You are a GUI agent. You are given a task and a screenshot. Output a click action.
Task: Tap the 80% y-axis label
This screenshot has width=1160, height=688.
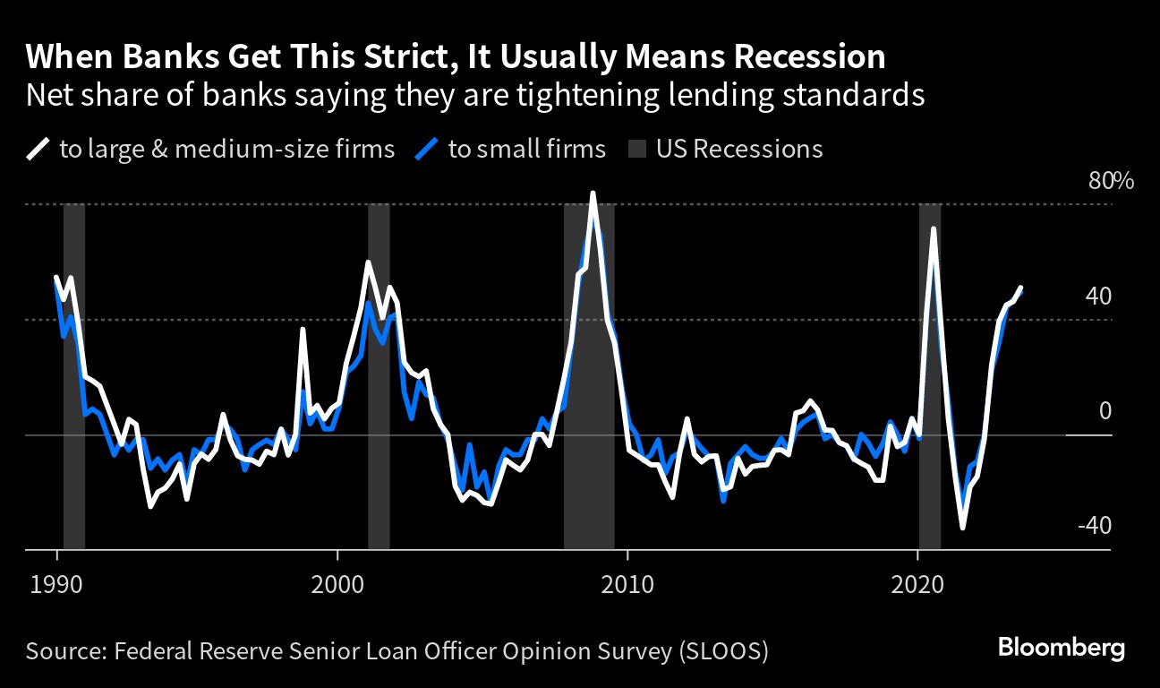1111,181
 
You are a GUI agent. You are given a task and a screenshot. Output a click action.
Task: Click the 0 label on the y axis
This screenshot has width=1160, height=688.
1104,411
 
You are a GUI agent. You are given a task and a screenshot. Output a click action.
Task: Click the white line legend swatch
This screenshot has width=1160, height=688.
38,149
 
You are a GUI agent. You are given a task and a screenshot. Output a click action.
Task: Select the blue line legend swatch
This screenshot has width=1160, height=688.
428,149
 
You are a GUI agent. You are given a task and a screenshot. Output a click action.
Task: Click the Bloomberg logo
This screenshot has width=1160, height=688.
1061,649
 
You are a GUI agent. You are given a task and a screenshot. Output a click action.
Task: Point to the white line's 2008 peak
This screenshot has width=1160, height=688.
593,193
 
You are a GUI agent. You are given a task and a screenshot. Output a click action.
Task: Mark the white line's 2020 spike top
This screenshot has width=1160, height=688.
934,229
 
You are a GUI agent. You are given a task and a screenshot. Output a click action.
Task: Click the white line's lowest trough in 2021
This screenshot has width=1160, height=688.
962,528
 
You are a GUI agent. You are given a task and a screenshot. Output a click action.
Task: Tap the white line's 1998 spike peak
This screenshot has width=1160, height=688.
303,330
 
